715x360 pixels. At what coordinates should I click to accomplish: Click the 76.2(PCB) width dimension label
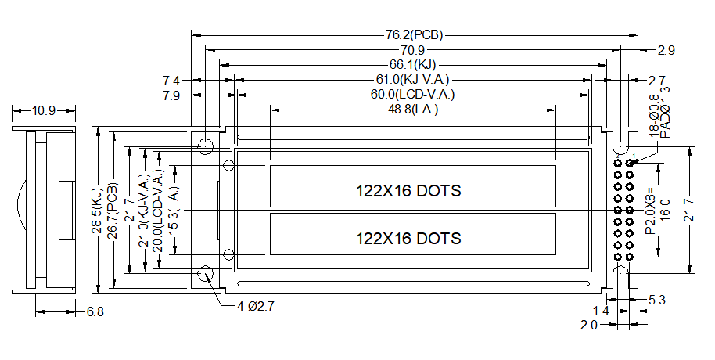click(x=413, y=35)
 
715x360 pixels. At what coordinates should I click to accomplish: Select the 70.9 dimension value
click(x=413, y=50)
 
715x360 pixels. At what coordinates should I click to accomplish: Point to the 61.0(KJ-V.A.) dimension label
click(x=413, y=80)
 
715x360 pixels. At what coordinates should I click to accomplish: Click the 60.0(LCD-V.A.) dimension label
click(x=413, y=95)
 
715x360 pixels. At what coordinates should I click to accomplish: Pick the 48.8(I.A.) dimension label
click(x=413, y=110)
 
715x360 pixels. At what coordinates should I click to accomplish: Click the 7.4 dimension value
click(x=171, y=81)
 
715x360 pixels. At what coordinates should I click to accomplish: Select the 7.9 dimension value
click(x=171, y=95)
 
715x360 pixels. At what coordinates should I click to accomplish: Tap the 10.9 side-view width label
click(x=43, y=111)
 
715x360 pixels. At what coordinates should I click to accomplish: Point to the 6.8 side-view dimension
click(x=95, y=311)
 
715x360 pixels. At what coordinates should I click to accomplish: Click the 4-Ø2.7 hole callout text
click(x=256, y=306)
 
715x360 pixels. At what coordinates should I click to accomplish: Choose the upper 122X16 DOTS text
click(x=408, y=191)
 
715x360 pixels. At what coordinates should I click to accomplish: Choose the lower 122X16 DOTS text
click(x=408, y=238)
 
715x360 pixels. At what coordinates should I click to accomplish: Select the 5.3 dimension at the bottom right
click(x=657, y=299)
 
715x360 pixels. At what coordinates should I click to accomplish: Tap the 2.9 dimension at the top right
click(x=666, y=50)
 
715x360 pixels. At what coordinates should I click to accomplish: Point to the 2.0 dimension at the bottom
click(x=589, y=324)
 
